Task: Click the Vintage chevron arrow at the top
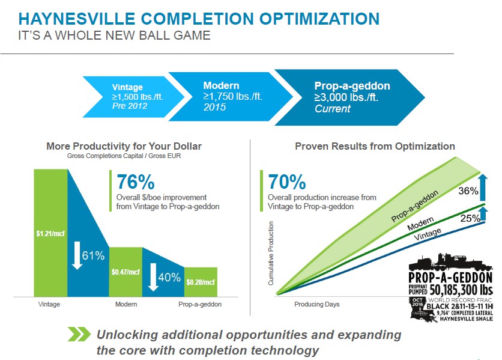133,97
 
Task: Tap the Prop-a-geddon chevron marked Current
349,97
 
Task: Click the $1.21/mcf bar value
50,233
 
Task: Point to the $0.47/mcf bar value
125,272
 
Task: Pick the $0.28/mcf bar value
201,282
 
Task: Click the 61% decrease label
93,255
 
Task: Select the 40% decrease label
169,277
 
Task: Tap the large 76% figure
136,182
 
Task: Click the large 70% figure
287,182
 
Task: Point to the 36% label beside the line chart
468,191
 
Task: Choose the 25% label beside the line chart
470,218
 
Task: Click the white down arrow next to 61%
77,255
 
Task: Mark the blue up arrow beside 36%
483,188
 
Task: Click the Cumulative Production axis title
271,253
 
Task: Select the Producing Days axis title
317,304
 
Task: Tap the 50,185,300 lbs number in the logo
461,290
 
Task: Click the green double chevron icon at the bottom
79,334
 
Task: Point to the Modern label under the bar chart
126,304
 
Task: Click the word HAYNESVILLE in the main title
77,19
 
